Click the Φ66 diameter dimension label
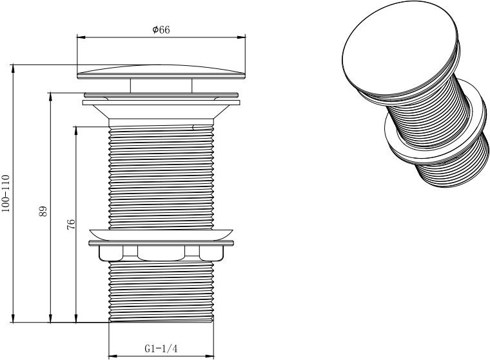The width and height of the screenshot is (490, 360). tap(161, 30)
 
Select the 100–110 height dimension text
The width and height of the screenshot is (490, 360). tap(6, 194)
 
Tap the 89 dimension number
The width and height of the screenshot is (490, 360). tap(43, 211)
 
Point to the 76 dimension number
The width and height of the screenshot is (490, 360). tap(72, 225)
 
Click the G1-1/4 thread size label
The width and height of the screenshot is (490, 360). tap(161, 348)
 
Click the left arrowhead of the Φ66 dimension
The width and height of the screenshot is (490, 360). tap(81, 37)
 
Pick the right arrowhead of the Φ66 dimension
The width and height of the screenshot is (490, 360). tap(241, 37)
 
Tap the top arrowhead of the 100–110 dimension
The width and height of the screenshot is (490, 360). tap(13, 69)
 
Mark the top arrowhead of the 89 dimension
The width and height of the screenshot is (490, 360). tap(50, 97)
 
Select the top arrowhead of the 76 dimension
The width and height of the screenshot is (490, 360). tap(75, 131)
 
